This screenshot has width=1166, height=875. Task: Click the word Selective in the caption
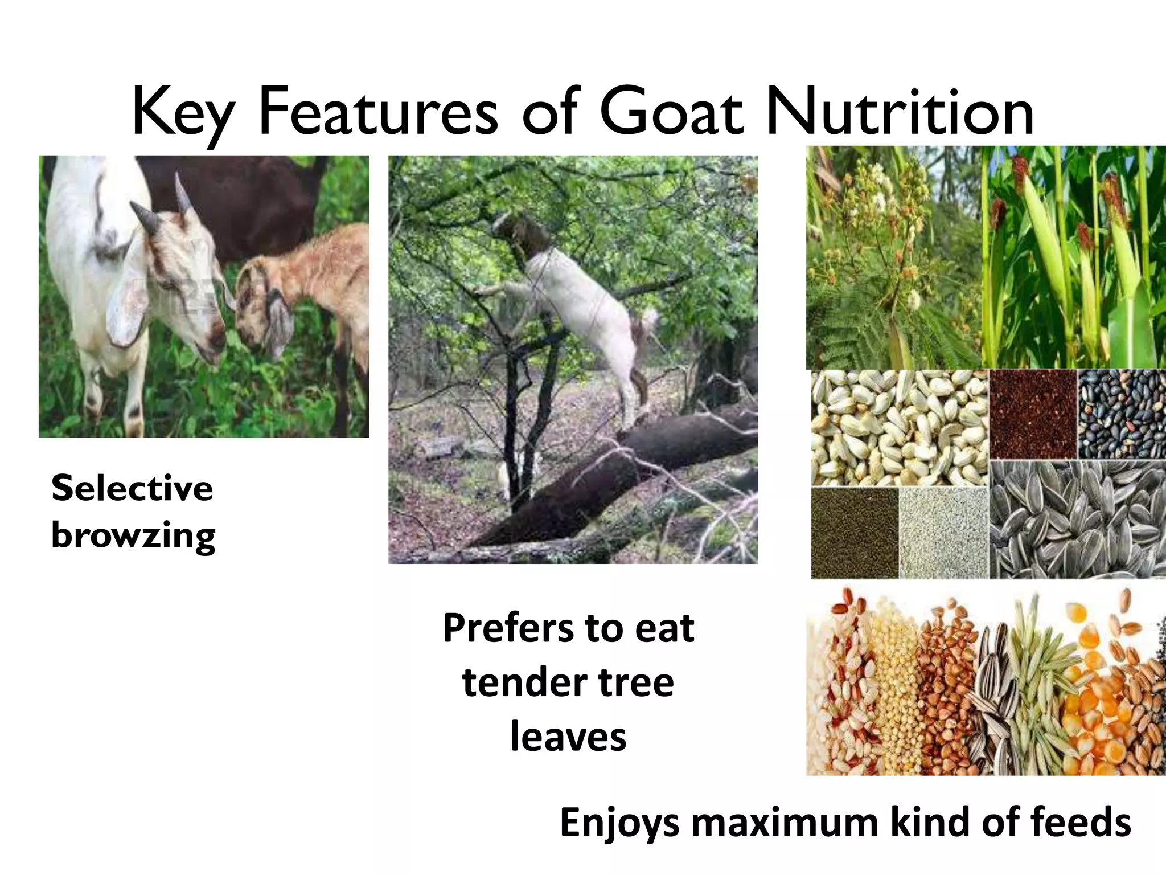[x=132, y=488]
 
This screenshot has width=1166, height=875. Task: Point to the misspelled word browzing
[x=133, y=535]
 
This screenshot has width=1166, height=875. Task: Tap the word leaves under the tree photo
[x=568, y=737]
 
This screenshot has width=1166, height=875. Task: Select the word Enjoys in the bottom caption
[x=619, y=823]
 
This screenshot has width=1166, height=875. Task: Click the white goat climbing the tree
[x=575, y=302]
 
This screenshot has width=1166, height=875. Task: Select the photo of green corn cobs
[x=1073, y=256]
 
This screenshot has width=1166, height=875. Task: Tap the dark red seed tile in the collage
[x=1033, y=414]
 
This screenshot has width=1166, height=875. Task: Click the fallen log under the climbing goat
[x=626, y=473]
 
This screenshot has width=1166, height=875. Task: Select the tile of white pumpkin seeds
[x=900, y=427]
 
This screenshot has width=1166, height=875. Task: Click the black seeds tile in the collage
[x=1122, y=414]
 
